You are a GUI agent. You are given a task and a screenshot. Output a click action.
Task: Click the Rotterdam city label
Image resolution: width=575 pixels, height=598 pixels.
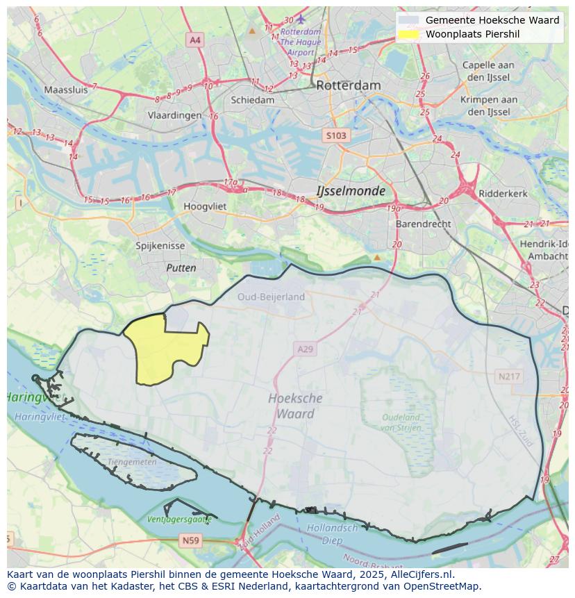coord(348,85)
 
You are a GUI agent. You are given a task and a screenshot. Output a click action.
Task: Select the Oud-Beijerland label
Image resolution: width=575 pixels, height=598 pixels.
coord(271,297)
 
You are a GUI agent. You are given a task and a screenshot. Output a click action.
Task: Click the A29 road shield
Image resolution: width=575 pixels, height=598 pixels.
coord(305,349)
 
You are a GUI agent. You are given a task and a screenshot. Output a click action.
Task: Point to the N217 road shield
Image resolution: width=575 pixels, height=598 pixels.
coord(508,376)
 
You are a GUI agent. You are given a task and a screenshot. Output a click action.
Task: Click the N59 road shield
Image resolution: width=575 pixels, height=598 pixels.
coord(190,540)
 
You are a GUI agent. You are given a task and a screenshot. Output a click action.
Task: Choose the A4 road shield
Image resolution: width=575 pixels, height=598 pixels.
coord(195,40)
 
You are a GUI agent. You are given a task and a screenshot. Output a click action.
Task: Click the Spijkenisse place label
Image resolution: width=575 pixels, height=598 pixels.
coord(160,246)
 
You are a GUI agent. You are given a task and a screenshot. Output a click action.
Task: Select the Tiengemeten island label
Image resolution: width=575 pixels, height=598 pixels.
coord(132,461)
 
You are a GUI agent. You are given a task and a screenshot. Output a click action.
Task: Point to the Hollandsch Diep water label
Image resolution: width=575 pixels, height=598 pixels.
coord(333,533)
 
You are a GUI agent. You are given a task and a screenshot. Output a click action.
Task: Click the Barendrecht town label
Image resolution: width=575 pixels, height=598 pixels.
coord(423,224)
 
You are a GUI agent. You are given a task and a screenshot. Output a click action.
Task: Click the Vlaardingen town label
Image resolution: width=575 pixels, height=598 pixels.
coord(174,116)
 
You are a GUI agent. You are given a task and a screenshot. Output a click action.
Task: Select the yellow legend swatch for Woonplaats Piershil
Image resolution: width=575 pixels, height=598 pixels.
coord(409,34)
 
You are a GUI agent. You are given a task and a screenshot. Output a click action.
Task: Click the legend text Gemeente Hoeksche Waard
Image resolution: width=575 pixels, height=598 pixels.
coord(492,20)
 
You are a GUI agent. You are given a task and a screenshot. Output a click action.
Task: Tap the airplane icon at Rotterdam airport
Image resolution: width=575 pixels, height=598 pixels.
coord(301,19)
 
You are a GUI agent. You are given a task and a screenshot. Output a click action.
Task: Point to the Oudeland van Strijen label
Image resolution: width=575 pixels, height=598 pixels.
coord(401,422)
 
